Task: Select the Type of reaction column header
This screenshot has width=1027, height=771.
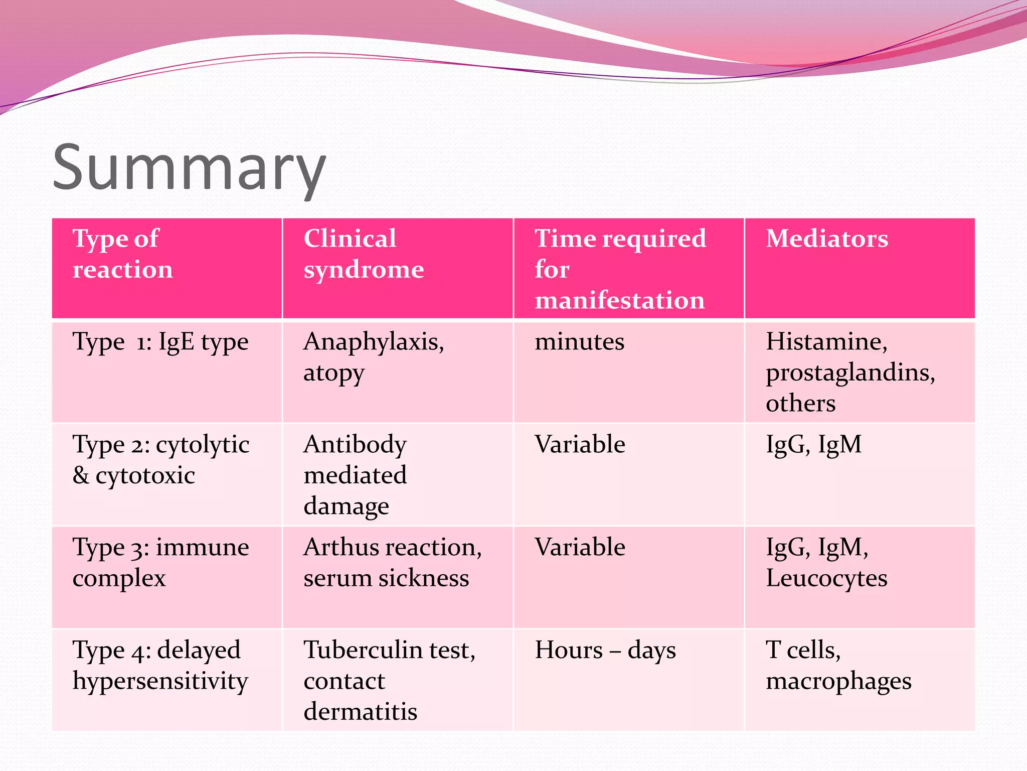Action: click(x=123, y=253)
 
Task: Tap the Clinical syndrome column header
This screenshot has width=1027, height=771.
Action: click(x=364, y=253)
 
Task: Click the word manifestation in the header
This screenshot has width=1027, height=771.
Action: click(x=620, y=300)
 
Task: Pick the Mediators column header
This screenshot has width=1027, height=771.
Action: click(x=827, y=238)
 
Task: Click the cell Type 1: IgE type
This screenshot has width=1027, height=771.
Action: click(x=160, y=342)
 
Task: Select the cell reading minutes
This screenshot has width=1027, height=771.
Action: click(x=579, y=342)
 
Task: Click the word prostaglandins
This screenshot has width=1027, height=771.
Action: click(x=850, y=372)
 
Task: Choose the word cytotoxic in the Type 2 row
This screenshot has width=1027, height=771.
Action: click(x=145, y=475)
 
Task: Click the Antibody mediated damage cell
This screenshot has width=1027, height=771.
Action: click(x=355, y=475)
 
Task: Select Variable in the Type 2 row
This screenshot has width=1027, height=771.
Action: click(x=580, y=445)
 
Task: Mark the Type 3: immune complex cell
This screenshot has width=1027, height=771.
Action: click(x=160, y=562)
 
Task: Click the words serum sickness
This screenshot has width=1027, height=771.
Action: click(x=386, y=578)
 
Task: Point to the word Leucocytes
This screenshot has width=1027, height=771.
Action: click(x=826, y=578)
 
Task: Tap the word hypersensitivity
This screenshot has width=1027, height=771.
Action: click(x=160, y=681)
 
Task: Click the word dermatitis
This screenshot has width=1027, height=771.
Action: click(x=360, y=712)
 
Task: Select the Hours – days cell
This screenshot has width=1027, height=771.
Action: click(x=605, y=650)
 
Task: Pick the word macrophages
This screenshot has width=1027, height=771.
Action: click(x=838, y=681)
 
